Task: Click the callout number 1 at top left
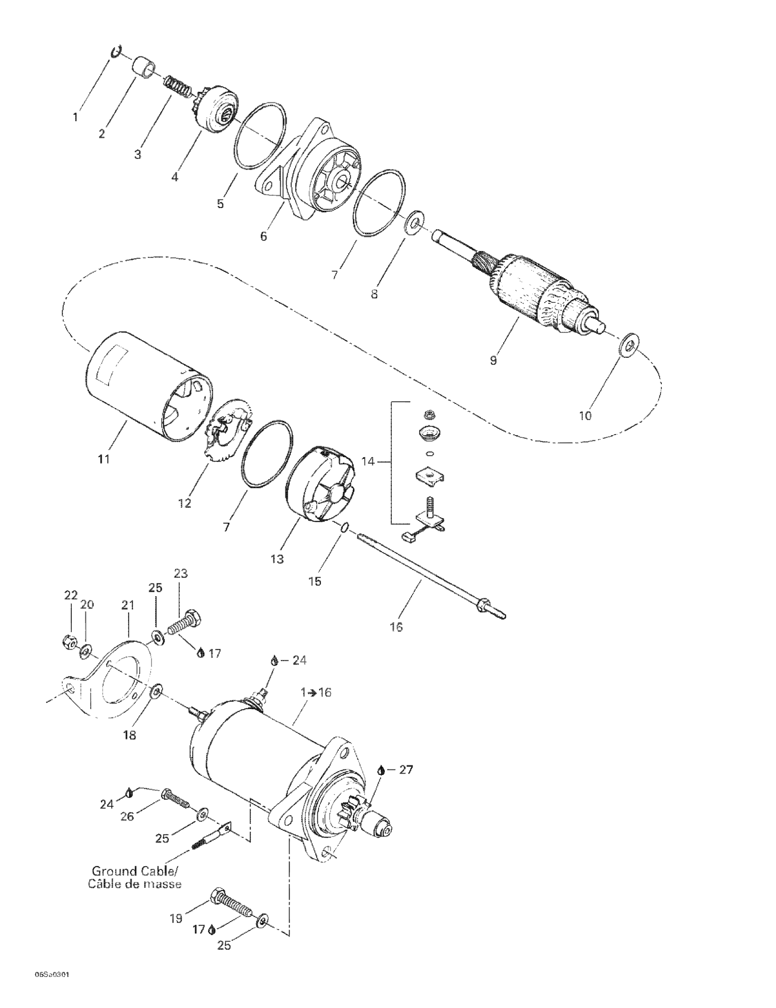(75, 117)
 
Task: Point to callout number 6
(263, 236)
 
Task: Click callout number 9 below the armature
(493, 361)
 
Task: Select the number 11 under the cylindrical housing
(104, 459)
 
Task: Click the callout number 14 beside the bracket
(368, 461)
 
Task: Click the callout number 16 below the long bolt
(396, 627)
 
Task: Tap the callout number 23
(181, 573)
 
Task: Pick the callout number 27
(406, 770)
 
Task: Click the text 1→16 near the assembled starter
(316, 692)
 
